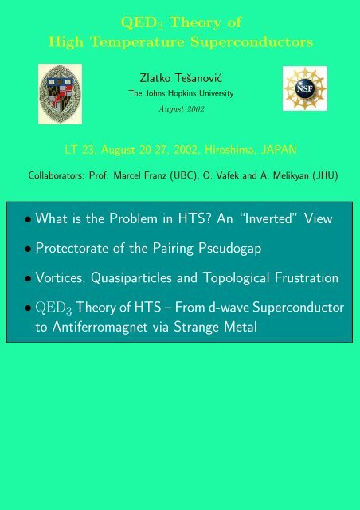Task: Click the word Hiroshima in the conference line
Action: (234, 147)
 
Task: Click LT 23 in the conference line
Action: (55, 147)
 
